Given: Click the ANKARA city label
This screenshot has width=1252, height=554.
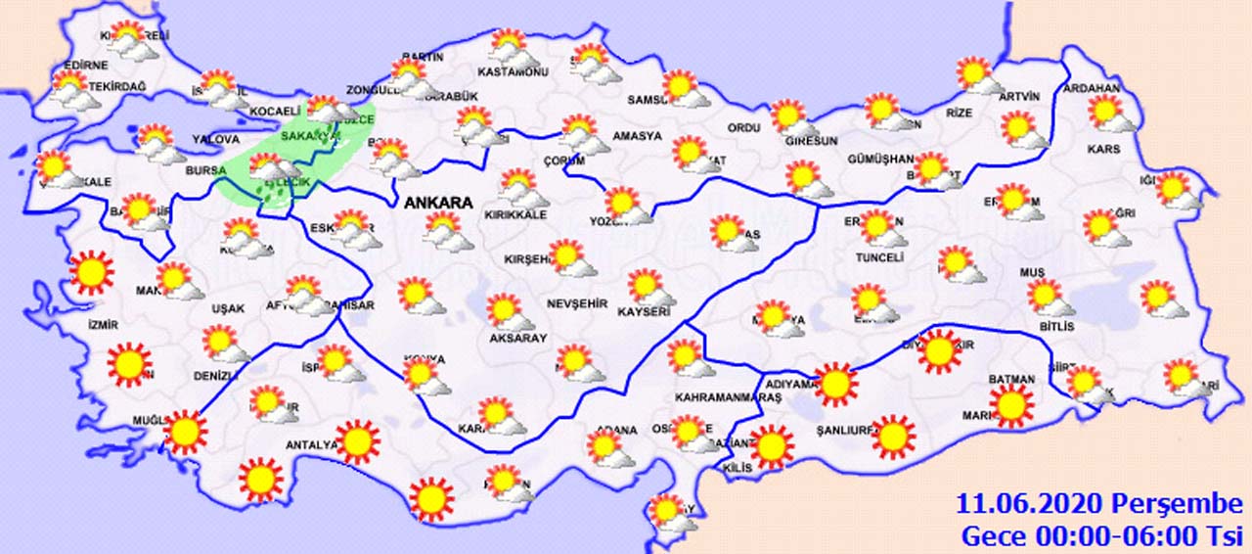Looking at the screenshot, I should coord(437,204).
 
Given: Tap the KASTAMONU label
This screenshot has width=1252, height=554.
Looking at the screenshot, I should coord(512,72).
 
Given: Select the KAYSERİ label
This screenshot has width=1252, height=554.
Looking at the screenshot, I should coord(644,312).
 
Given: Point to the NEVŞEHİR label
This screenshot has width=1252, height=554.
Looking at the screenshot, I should coord(578,303).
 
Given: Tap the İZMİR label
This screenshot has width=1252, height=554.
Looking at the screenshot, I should coord(103,324).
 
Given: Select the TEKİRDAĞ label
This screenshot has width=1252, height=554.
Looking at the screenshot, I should coord(116,87).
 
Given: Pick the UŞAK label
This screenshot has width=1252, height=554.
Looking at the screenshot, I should coord(229,308).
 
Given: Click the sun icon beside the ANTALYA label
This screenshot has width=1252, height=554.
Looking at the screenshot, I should coord(357,441).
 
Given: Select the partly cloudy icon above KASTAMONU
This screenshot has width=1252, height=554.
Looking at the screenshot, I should coord(510,46).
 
